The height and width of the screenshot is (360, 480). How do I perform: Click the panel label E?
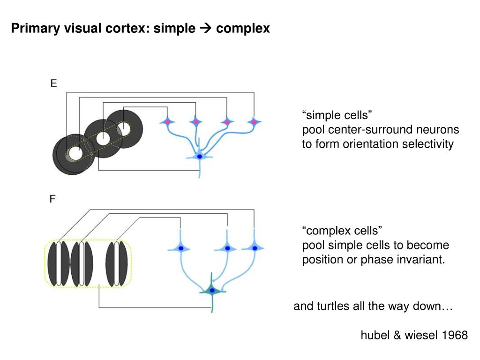click(53, 84)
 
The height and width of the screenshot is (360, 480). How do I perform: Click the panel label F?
click(53, 199)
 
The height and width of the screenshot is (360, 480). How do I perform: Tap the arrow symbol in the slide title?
click(206, 29)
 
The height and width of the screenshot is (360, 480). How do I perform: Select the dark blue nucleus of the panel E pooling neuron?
click(200, 157)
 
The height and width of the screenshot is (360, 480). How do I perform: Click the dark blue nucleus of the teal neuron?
click(212, 291)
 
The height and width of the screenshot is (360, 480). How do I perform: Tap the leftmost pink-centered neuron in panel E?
click(167, 122)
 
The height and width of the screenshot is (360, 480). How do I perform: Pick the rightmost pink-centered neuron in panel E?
click(254, 122)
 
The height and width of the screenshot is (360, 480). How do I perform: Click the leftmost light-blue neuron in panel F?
click(180, 248)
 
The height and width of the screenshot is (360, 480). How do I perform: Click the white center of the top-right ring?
click(124, 127)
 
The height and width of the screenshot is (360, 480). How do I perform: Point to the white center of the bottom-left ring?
click(75, 153)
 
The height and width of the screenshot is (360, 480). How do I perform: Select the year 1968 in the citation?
click(455, 335)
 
